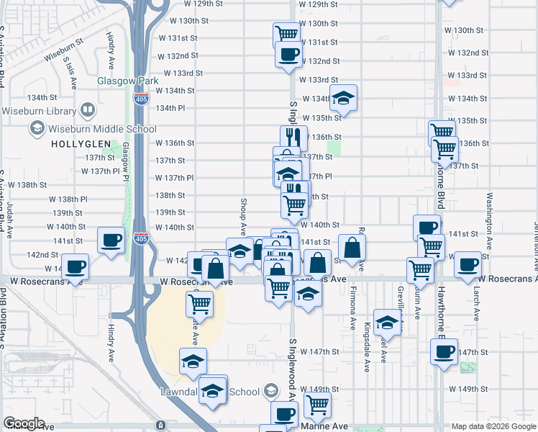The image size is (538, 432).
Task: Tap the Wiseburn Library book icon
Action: [87, 111]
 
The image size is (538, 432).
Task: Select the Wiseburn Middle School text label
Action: [101, 129]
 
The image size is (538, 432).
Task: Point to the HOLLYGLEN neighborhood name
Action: [81, 144]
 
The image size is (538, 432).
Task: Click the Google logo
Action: [24, 423]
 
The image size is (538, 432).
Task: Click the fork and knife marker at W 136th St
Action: [293, 138]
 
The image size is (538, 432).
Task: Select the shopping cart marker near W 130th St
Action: [286, 34]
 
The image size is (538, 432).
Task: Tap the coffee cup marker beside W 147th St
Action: [444, 353]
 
